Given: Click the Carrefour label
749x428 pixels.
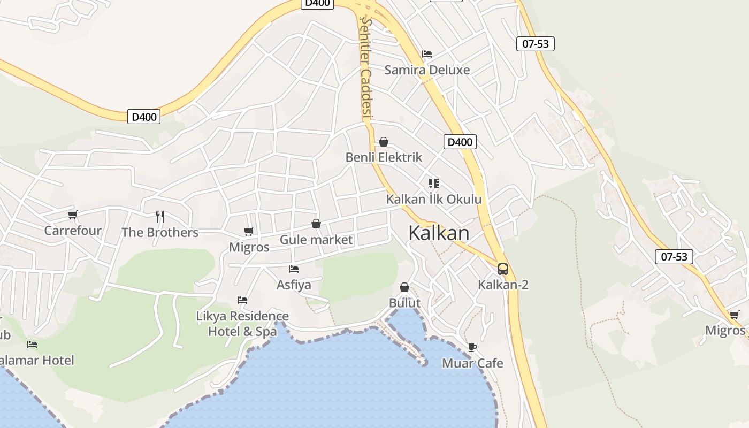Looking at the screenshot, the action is point(73,231).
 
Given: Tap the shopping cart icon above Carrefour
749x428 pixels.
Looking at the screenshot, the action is point(73,215).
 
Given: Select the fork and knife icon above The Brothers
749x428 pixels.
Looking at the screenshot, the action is point(160,216).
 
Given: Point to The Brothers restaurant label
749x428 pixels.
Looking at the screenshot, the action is point(160,233).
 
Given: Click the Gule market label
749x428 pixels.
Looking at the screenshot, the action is point(316,240).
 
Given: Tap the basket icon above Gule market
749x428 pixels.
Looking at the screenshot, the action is point(316,224).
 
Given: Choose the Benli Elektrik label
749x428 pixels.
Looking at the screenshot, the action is point(384,157).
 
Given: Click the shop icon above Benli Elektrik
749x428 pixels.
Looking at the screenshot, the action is point(384,142).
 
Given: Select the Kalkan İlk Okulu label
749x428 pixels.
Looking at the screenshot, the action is point(434,200).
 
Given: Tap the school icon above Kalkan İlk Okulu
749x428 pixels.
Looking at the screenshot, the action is point(434,184).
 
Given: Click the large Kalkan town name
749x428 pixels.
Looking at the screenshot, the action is point(439,233).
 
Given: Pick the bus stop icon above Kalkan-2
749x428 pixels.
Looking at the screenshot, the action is point(503,269).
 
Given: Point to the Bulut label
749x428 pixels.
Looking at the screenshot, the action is point(404,303).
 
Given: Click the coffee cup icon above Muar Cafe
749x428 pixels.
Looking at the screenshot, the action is point(472,347).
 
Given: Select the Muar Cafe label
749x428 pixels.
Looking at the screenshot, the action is point(472,363).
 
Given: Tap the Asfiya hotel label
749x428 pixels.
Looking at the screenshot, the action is point(294,285).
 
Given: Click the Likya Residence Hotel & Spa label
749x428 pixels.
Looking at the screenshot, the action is point(242,324).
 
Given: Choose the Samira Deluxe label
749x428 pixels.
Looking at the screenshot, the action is point(427,70).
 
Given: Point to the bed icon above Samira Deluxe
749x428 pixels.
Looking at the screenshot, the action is point(427,54).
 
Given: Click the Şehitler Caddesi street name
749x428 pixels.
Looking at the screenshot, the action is point(366,67).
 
